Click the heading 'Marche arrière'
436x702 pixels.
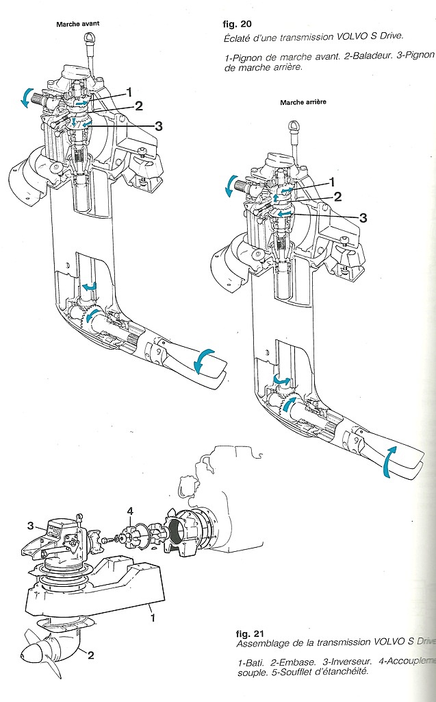coord(303,102)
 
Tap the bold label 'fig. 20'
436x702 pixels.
coord(238,23)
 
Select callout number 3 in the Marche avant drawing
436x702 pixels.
coord(158,126)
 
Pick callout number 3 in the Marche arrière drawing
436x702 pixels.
coord(363,218)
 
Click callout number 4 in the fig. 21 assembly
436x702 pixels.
coord(131,509)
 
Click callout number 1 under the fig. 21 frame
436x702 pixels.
coord(153,617)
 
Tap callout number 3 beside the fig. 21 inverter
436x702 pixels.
coord(30,525)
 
